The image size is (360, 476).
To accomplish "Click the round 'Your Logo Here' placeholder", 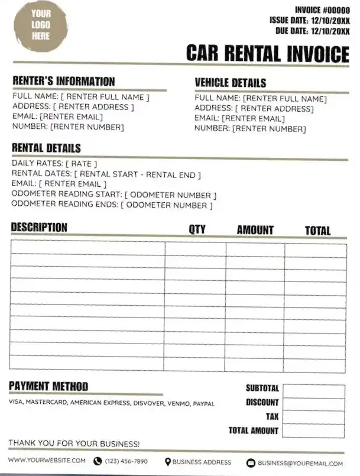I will coord(41,25).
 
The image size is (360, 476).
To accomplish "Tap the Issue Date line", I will coord(310,20).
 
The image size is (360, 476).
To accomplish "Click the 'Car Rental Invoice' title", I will coord(267,53).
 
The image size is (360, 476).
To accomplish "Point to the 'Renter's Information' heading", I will coord(64,82).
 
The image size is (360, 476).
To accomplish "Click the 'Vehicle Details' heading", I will coord(231,83).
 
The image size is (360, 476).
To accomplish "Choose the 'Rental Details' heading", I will coord(46,148).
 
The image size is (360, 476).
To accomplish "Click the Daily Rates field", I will coord(54,163).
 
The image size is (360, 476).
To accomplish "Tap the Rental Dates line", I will coord(106,174).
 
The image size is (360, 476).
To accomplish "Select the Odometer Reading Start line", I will coord(114,195).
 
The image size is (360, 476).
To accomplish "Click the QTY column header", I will coord(197,229).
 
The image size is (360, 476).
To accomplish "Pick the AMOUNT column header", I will coord(255,229).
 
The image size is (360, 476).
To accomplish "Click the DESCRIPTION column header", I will coord(39,228).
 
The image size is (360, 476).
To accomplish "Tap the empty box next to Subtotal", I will coord(313,391).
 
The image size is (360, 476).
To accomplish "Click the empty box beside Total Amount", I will coord(313,431).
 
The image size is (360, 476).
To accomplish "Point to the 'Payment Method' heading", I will coord(48,387).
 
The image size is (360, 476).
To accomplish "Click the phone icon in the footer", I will coord(98,462).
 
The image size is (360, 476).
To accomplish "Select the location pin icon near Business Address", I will coord(168,462).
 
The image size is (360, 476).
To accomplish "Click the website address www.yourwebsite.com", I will coord(47,461).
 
